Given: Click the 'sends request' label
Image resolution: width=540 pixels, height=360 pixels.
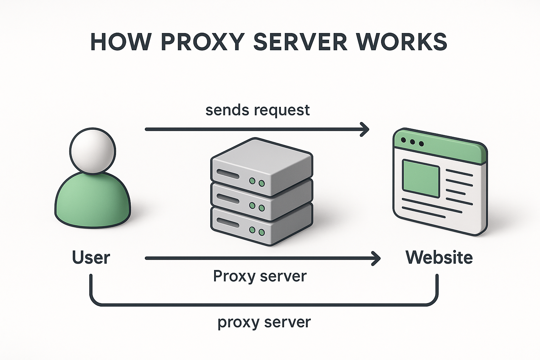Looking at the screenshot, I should [257, 110].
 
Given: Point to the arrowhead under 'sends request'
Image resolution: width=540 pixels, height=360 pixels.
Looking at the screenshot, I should [366, 129].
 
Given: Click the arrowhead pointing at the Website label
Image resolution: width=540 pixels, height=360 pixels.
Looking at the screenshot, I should [377, 258].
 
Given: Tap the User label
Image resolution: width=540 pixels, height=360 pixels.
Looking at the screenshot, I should [91, 257].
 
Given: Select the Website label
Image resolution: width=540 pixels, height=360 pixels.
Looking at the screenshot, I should [439, 257].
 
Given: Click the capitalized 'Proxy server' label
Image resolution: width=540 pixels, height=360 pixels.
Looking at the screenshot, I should [260, 276].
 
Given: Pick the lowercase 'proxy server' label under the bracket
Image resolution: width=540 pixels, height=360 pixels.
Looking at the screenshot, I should [264, 322].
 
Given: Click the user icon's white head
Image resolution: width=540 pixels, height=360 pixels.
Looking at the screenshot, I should [92, 150].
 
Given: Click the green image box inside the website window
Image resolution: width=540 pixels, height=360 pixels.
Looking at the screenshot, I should [421, 178].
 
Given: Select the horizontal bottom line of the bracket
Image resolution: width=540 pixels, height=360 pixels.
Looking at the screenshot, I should [264, 304].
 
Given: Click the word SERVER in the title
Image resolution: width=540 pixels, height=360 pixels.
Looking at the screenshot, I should [300, 42].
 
